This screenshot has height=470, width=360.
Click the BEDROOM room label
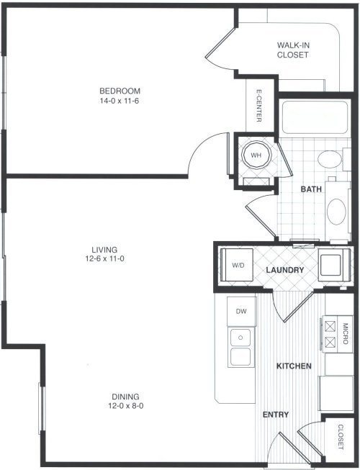tap(120, 91)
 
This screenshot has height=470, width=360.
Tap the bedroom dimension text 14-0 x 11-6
tap(120, 101)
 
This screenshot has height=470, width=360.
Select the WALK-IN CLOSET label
tap(292, 50)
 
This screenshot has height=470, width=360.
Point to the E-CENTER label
tap(259, 105)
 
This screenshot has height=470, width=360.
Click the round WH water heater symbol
tap(256, 155)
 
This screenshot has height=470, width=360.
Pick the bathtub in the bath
tap(315, 117)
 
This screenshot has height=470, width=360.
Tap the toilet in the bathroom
tap(333, 160)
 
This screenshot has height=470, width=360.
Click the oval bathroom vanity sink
tap(336, 212)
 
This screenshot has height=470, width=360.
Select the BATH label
tap(311, 189)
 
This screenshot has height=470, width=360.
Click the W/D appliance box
tap(237, 265)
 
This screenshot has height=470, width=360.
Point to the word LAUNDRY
tap(285, 270)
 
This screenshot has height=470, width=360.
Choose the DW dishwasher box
tap(241, 311)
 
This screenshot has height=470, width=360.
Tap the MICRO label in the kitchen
tap(345, 333)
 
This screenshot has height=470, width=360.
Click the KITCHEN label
tap(294, 366)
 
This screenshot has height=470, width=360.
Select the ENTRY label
tap(276, 415)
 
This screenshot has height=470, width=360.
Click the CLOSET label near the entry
tap(341, 436)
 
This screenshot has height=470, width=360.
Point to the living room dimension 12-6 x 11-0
tap(104, 258)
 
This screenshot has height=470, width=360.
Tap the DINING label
tap(125, 397)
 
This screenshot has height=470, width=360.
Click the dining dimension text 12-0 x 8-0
tap(126, 406)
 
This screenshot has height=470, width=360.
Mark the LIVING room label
tap(104, 249)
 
